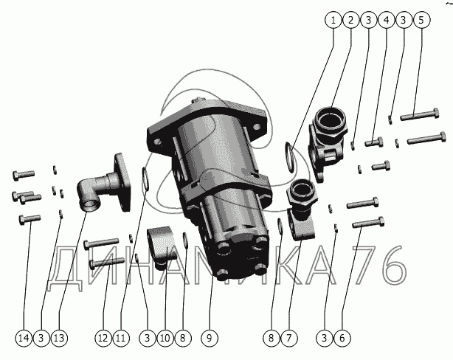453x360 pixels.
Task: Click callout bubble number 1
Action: pyautogui.click(x=333, y=20)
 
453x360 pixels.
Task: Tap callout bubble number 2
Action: pyautogui.click(x=350, y=20)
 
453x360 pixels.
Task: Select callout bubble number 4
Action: pyautogui.click(x=386, y=20)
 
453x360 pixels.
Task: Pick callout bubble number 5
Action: pyautogui.click(x=421, y=20)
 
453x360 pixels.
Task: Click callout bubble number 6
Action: pyautogui.click(x=342, y=338)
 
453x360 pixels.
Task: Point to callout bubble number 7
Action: pyautogui.click(x=289, y=338)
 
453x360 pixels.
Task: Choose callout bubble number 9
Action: pyautogui.click(x=210, y=338)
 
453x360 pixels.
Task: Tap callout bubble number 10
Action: pyautogui.click(x=165, y=338)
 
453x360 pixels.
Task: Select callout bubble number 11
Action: pyautogui.click(x=121, y=338)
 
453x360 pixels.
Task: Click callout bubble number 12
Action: pyautogui.click(x=103, y=338)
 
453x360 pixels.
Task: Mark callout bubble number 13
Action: pyautogui.click(x=59, y=338)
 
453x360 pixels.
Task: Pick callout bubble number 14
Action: pyautogui.click(x=24, y=338)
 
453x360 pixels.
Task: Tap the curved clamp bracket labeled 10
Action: pyautogui.click(x=162, y=246)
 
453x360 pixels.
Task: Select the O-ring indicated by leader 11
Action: pyautogui.click(x=145, y=179)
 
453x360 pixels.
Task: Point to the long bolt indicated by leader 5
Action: pyautogui.click(x=420, y=114)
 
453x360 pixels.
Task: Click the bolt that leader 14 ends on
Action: pyautogui.click(x=30, y=220)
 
